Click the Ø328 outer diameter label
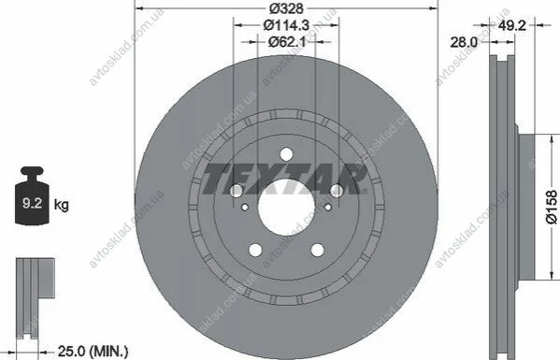(x=286, y=7)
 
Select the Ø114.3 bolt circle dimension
(x=286, y=25)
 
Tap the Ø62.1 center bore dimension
(x=287, y=42)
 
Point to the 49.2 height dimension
(x=512, y=25)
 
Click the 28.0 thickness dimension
(x=464, y=42)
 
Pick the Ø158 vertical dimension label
(x=552, y=208)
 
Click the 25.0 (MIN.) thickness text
(x=93, y=352)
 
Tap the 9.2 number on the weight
(x=32, y=203)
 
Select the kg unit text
(x=62, y=205)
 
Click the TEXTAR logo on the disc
(x=284, y=180)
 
